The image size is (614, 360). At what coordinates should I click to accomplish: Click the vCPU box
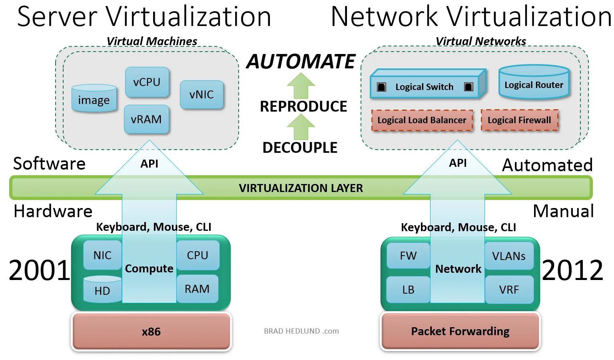pyautogui.click(x=147, y=82)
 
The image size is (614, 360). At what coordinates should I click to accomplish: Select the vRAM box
pyautogui.click(x=146, y=119)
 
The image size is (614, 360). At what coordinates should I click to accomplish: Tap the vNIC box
pyautogui.click(x=201, y=95)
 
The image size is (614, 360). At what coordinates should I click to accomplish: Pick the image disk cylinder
pyautogui.click(x=94, y=98)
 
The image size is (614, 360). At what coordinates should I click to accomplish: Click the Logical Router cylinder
pyautogui.click(x=534, y=83)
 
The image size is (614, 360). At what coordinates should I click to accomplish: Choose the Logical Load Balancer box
pyautogui.click(x=422, y=120)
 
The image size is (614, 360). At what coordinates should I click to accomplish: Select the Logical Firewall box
pyautogui.click(x=519, y=120)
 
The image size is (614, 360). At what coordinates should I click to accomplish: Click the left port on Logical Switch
pyautogui.click(x=382, y=87)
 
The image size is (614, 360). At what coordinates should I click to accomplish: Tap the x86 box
pyautogui.click(x=151, y=332)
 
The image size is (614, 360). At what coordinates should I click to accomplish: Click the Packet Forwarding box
pyautogui.click(x=460, y=332)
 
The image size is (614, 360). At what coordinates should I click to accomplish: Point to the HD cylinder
pyautogui.click(x=102, y=289)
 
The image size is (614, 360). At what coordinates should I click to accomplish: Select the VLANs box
pyautogui.click(x=509, y=256)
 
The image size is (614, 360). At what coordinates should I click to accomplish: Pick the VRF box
pyautogui.click(x=509, y=290)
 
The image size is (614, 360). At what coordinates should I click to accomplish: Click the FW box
pyautogui.click(x=408, y=256)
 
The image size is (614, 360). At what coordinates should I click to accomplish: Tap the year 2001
pyautogui.click(x=39, y=270)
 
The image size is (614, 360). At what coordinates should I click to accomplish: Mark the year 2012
pyautogui.click(x=572, y=270)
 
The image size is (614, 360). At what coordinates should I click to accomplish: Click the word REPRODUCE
pyautogui.click(x=303, y=106)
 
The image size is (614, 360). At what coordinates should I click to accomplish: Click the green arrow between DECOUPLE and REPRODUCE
pyautogui.click(x=301, y=127)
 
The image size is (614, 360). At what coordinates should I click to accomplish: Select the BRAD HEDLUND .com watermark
pyautogui.click(x=301, y=331)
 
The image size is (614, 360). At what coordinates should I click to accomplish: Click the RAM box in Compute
pyautogui.click(x=197, y=289)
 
